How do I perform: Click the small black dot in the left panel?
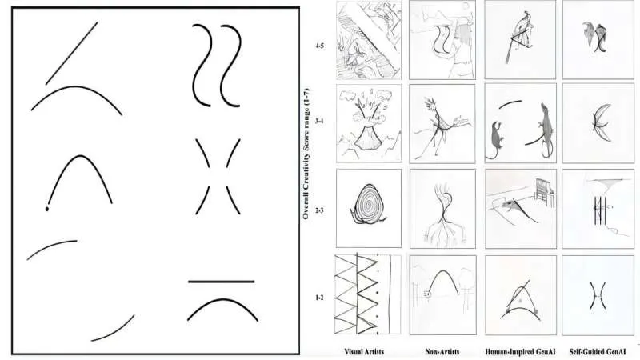click(x=47, y=209)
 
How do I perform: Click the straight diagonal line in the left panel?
click(x=71, y=54)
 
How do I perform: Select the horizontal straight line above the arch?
click(x=222, y=282)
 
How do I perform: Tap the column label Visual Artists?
click(x=364, y=352)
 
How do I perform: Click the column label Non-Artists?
click(x=442, y=352)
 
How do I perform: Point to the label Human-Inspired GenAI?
click(x=521, y=352)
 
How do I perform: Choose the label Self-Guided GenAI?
click(x=598, y=352)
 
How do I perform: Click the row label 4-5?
click(x=319, y=46)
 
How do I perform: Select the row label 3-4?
click(x=319, y=122)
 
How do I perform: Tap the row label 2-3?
click(x=319, y=210)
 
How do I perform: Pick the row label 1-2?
click(x=319, y=298)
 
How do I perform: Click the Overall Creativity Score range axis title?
click(x=306, y=154)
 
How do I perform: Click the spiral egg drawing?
click(x=368, y=204)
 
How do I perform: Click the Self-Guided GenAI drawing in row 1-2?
click(x=598, y=295)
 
